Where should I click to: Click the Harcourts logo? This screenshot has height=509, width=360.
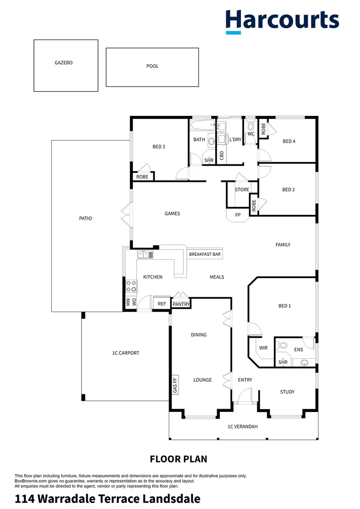282,21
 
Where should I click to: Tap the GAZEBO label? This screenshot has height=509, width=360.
64,62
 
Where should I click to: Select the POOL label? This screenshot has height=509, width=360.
153,66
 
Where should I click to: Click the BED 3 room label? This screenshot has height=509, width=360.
159,147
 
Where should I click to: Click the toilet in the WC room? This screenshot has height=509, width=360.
251,125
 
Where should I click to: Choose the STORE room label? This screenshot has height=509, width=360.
242,190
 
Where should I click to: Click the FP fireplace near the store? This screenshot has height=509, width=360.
238,215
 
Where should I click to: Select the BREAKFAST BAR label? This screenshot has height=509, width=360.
205,254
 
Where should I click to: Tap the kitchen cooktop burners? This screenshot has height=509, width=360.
131,286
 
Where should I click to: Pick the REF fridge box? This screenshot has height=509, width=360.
162,304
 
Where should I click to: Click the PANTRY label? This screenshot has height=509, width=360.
181,304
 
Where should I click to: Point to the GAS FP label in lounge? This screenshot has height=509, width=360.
175,385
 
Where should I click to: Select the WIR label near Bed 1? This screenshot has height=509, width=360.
263,348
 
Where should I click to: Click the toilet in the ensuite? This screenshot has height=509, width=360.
283,345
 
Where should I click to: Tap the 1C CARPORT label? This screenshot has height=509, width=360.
125,353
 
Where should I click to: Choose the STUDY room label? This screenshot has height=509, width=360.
287,392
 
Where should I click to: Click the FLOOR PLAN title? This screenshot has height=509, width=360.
179,459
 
